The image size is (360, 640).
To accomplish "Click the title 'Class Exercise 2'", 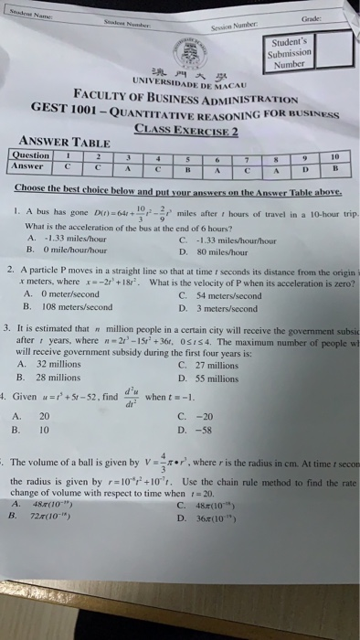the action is pyautogui.click(x=187, y=130).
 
